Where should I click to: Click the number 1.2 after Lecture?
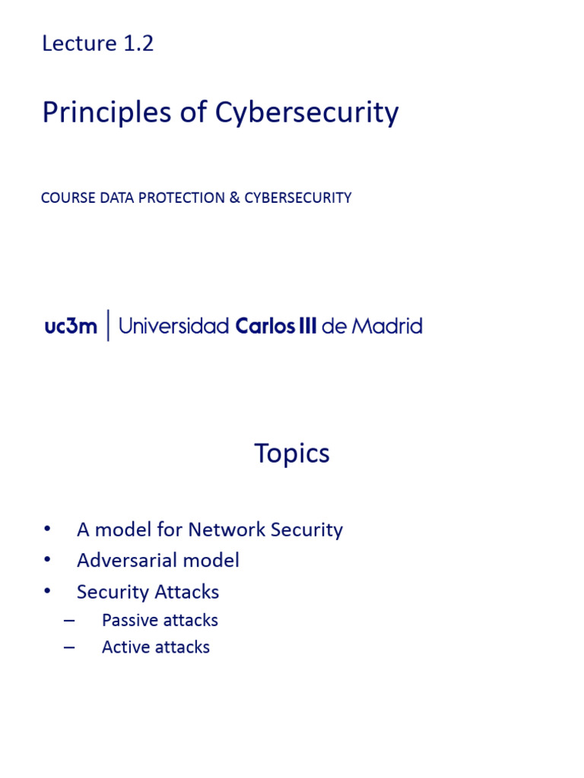138,44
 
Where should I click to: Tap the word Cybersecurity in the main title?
306,113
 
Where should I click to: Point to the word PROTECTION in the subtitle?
175,198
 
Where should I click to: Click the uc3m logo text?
71,327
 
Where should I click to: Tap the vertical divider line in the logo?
109,326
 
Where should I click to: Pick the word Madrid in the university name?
386,327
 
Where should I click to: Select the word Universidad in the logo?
174,327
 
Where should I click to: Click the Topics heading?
292,454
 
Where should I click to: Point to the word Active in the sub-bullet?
123,647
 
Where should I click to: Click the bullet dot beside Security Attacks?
49,591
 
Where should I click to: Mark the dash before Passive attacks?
70,620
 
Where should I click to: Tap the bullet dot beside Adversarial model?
49,560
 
